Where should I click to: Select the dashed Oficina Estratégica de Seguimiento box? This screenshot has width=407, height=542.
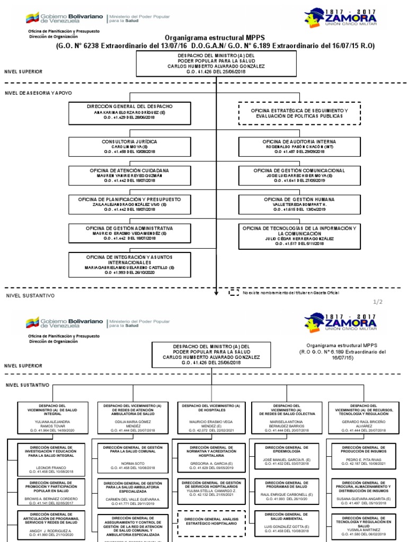coord(299,113)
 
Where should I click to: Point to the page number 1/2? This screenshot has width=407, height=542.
coord(377,302)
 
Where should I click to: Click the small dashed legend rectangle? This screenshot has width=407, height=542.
coord(234,292)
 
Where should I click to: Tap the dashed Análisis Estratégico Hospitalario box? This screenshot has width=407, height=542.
coord(211,522)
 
